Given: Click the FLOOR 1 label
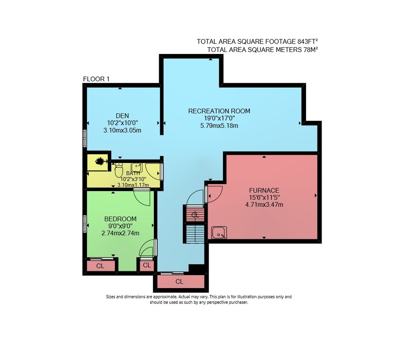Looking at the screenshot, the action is coord(96,79).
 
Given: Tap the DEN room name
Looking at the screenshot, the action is coord(122,116).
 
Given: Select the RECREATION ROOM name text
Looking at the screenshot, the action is coord(219,111).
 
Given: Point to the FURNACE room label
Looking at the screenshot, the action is coord(264,191).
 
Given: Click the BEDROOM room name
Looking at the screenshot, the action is coord(120,219).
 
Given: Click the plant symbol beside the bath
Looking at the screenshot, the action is coord(100,161).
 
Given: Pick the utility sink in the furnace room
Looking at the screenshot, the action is coord(219,232).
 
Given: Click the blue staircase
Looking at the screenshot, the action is coord(195,234).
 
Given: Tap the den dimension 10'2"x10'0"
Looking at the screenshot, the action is coord(123,123).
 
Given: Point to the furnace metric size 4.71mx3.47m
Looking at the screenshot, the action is coord(264,205).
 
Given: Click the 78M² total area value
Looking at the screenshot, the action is coord(311,50).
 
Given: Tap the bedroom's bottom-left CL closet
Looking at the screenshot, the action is coord(101,266).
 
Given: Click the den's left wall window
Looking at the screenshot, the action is coord(85,139).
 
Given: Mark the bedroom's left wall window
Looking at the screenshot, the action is coord(85,224).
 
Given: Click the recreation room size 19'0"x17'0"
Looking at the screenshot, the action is coord(219,119).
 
